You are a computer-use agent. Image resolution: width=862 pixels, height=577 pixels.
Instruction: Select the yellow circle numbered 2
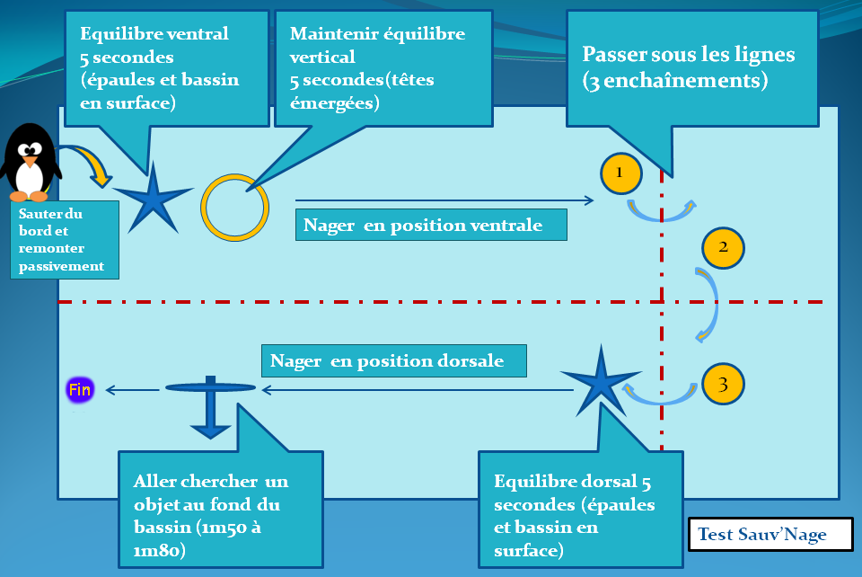click(723, 248)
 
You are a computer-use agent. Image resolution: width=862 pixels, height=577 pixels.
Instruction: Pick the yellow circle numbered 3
click(723, 384)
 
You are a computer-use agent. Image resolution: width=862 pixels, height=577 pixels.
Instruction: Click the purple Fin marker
click(80, 390)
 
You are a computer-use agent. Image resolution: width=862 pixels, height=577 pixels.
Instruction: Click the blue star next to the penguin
click(154, 198)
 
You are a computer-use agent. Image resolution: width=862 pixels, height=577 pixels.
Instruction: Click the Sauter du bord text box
click(64, 239)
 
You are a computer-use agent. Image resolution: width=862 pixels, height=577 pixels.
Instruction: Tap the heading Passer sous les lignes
click(689, 54)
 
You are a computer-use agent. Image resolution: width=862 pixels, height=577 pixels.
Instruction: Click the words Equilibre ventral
click(154, 34)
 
